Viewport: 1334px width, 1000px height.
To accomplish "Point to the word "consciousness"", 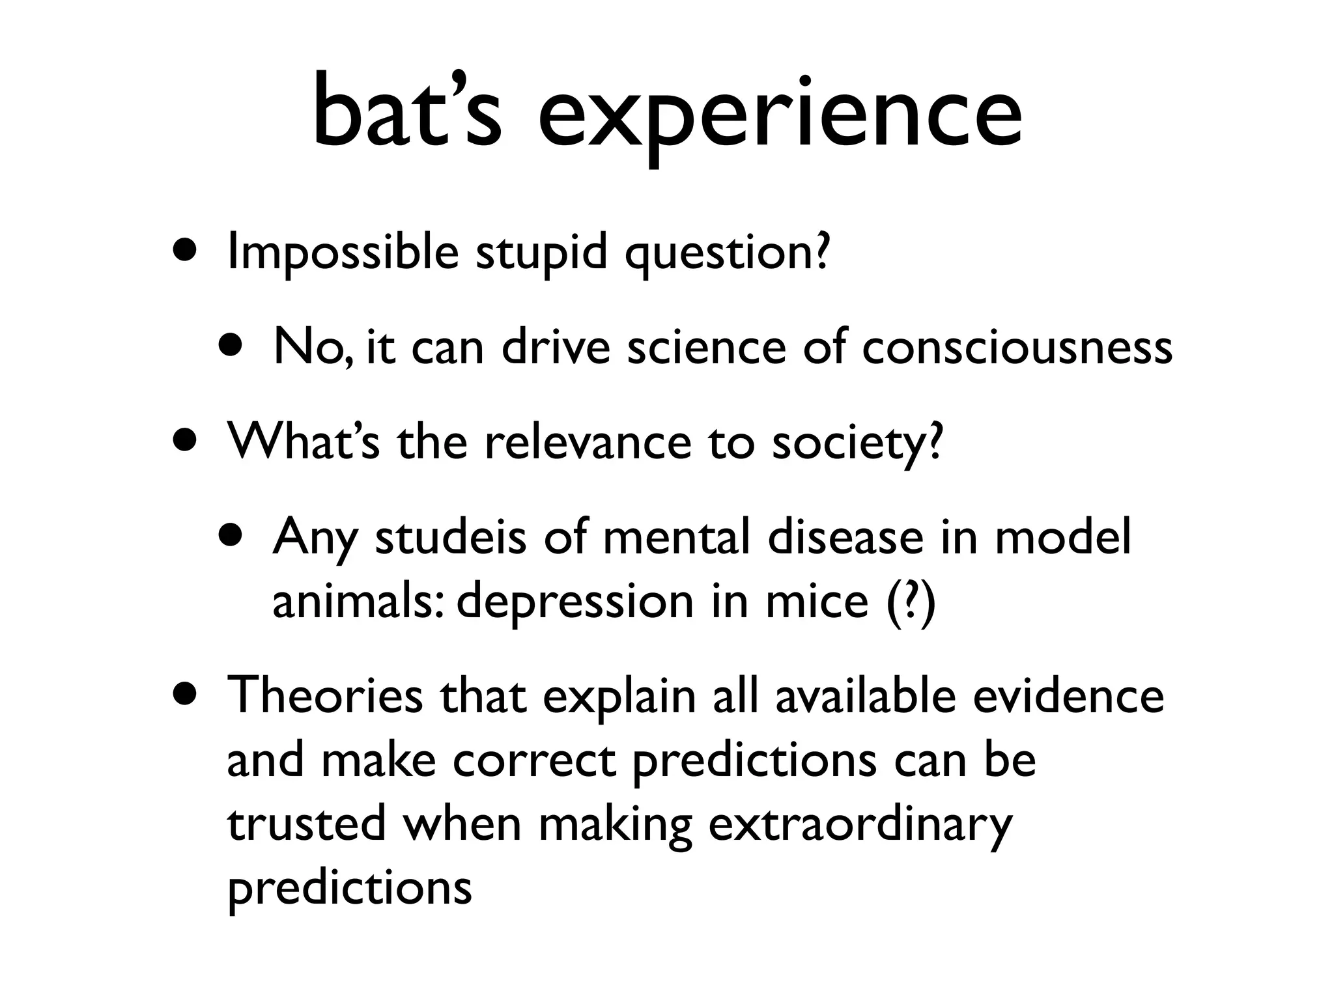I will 1017,347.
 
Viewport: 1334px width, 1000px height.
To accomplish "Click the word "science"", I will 707,347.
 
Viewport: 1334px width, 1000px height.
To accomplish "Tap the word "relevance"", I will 588,442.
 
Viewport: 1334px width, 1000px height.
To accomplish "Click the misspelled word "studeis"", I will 450,538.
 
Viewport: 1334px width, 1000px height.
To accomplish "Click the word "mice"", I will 816,600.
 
